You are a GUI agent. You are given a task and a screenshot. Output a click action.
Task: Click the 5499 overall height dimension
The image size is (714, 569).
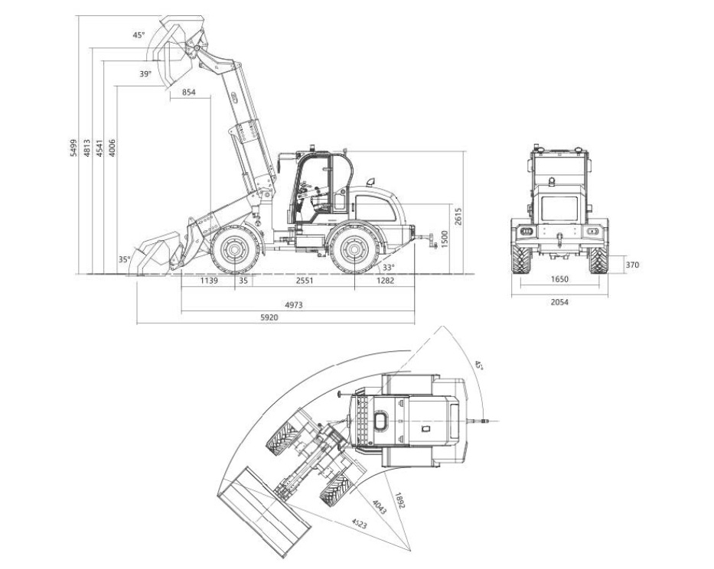73,148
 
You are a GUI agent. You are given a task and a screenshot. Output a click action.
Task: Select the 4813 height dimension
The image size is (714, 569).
86,148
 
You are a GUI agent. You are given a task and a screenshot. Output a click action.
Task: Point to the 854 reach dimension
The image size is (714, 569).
188,93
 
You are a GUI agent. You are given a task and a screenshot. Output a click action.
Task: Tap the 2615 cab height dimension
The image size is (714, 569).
458,216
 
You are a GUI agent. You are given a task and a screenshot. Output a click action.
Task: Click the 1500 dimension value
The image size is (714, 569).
445,239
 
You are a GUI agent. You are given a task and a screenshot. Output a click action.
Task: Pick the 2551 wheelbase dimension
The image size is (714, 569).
305,281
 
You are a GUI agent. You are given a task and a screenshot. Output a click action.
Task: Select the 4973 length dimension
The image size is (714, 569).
294,305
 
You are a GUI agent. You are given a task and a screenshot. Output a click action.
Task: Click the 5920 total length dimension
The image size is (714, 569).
269,317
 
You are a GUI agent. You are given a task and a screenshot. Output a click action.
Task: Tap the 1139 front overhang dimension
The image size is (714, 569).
209,281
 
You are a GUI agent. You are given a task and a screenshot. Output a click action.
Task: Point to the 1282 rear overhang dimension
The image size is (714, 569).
385,281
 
